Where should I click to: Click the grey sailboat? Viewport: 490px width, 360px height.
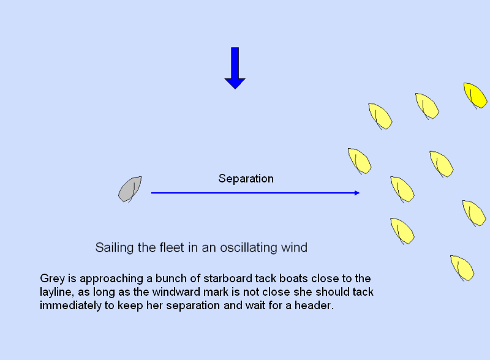pyautogui.click(x=130, y=189)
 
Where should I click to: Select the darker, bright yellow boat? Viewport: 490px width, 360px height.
pyautogui.click(x=475, y=96)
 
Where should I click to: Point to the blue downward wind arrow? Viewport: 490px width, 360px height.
pyautogui.click(x=235, y=68)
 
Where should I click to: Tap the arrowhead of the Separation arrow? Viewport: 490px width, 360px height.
pyautogui.click(x=357, y=193)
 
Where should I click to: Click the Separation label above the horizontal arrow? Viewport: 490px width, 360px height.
pyautogui.click(x=246, y=179)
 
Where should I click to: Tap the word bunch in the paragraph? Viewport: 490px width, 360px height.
pyautogui.click(x=170, y=278)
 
